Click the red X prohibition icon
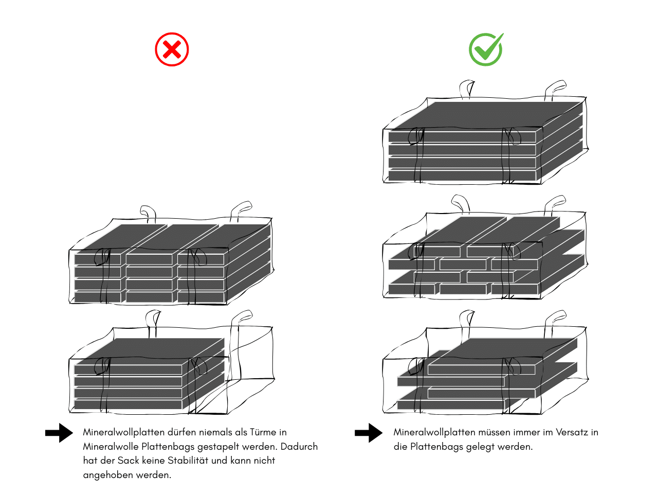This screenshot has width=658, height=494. pos(172,50)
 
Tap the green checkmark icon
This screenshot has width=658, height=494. pos(486,50)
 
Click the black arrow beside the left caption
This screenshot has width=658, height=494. pos(59,433)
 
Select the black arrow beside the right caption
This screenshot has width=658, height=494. pos(369,433)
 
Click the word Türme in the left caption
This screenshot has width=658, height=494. pos(263,432)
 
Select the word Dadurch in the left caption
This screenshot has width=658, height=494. pos(299,446)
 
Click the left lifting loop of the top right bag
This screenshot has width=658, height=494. pos(467,88)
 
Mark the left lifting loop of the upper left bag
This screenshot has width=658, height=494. pos(148,213)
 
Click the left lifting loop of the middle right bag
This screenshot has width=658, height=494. pos(461,203)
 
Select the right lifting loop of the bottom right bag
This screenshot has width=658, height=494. pos(556,317)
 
